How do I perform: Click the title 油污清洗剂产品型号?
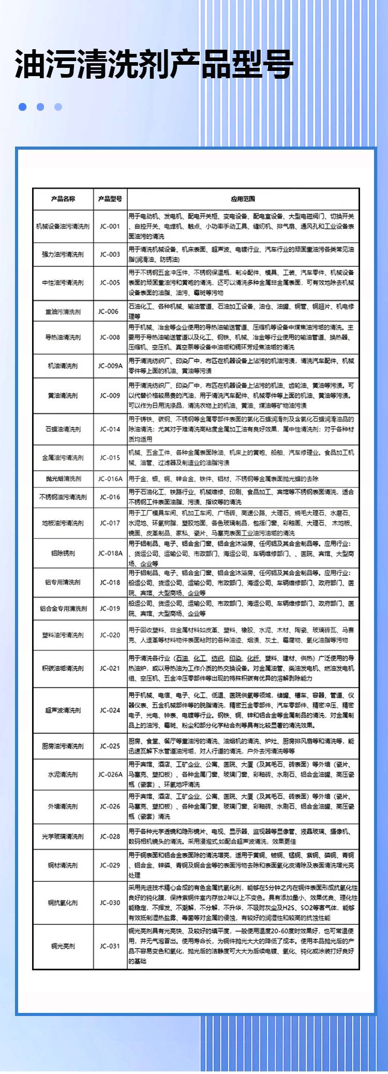tap(154, 64)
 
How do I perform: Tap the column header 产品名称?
tap(63, 199)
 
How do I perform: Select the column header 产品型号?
tap(110, 199)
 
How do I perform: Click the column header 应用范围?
tap(243, 199)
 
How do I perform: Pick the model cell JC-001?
tap(110, 226)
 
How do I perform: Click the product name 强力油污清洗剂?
tap(63, 254)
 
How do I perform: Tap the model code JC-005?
tap(110, 283)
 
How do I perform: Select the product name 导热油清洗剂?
tap(63, 337)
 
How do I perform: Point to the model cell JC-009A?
tap(110, 366)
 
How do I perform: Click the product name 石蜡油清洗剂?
tap(63, 429)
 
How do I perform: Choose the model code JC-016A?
tap(110, 478)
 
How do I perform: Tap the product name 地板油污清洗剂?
tap(63, 523)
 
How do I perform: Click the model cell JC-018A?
tap(110, 553)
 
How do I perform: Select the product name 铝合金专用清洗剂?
tap(63, 608)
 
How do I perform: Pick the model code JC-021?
tap(110, 668)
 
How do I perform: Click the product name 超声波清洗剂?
tap(63, 710)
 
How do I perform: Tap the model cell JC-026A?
tap(110, 774)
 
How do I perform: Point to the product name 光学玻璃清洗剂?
tap(63, 836)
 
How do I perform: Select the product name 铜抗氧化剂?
tap(63, 903)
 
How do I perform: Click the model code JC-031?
tap(110, 946)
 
